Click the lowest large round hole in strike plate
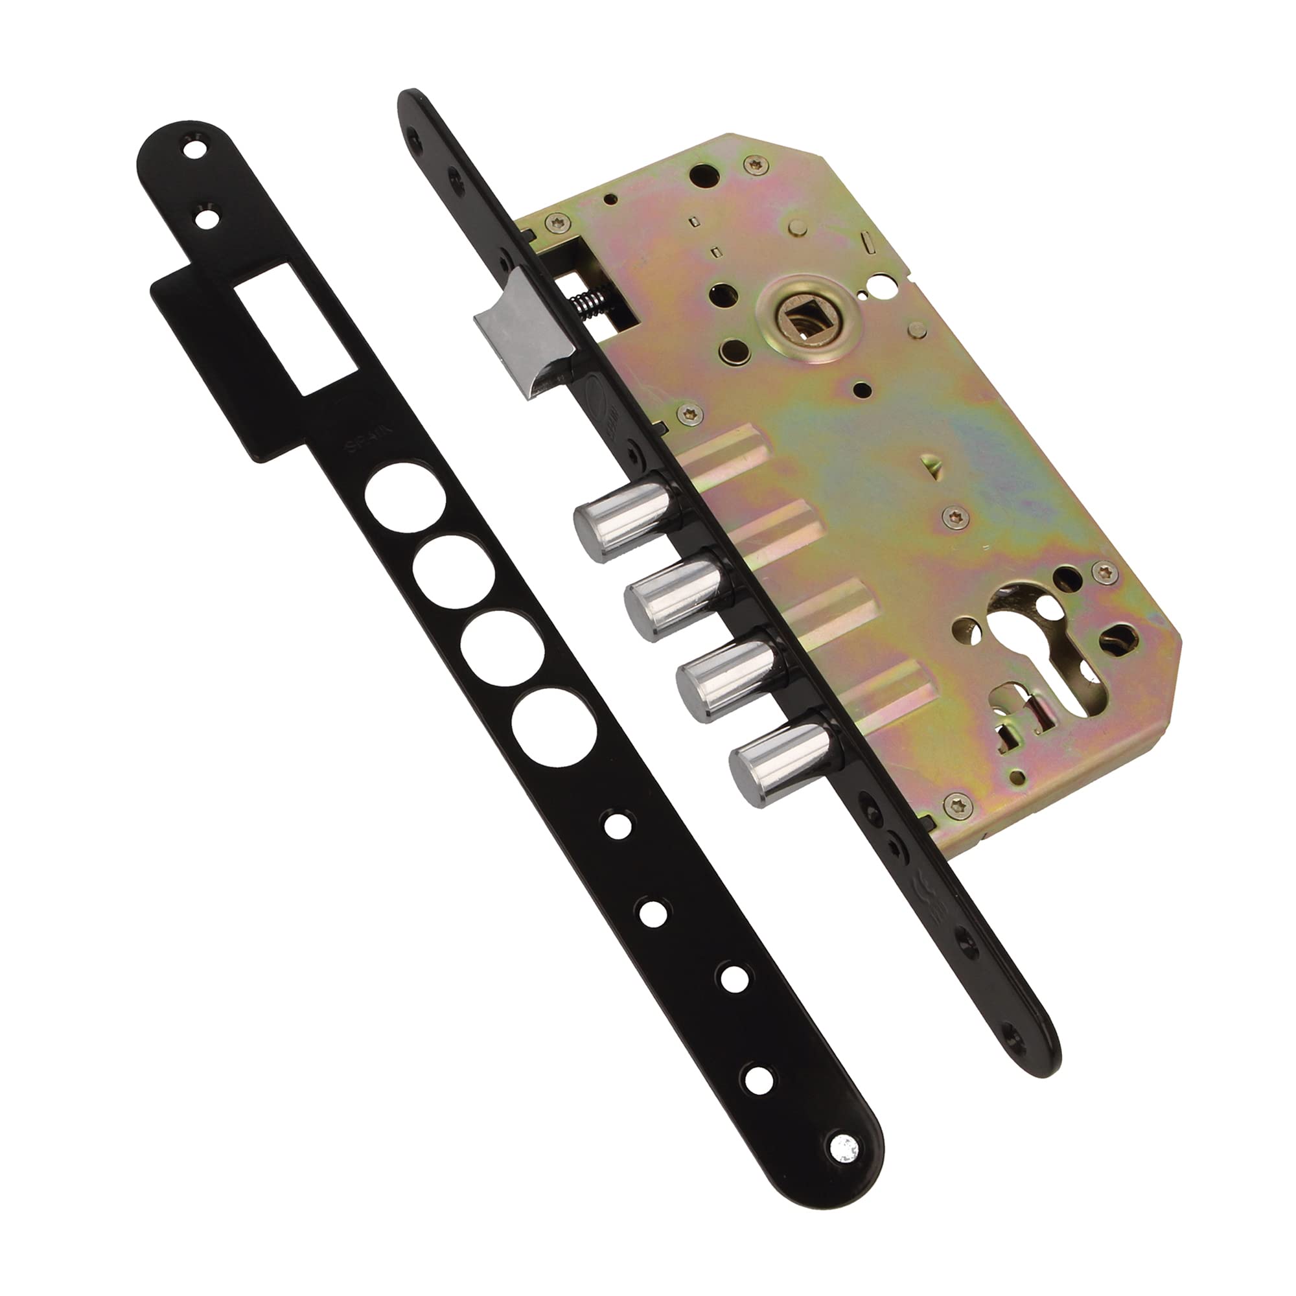553,727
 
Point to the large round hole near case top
704,177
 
